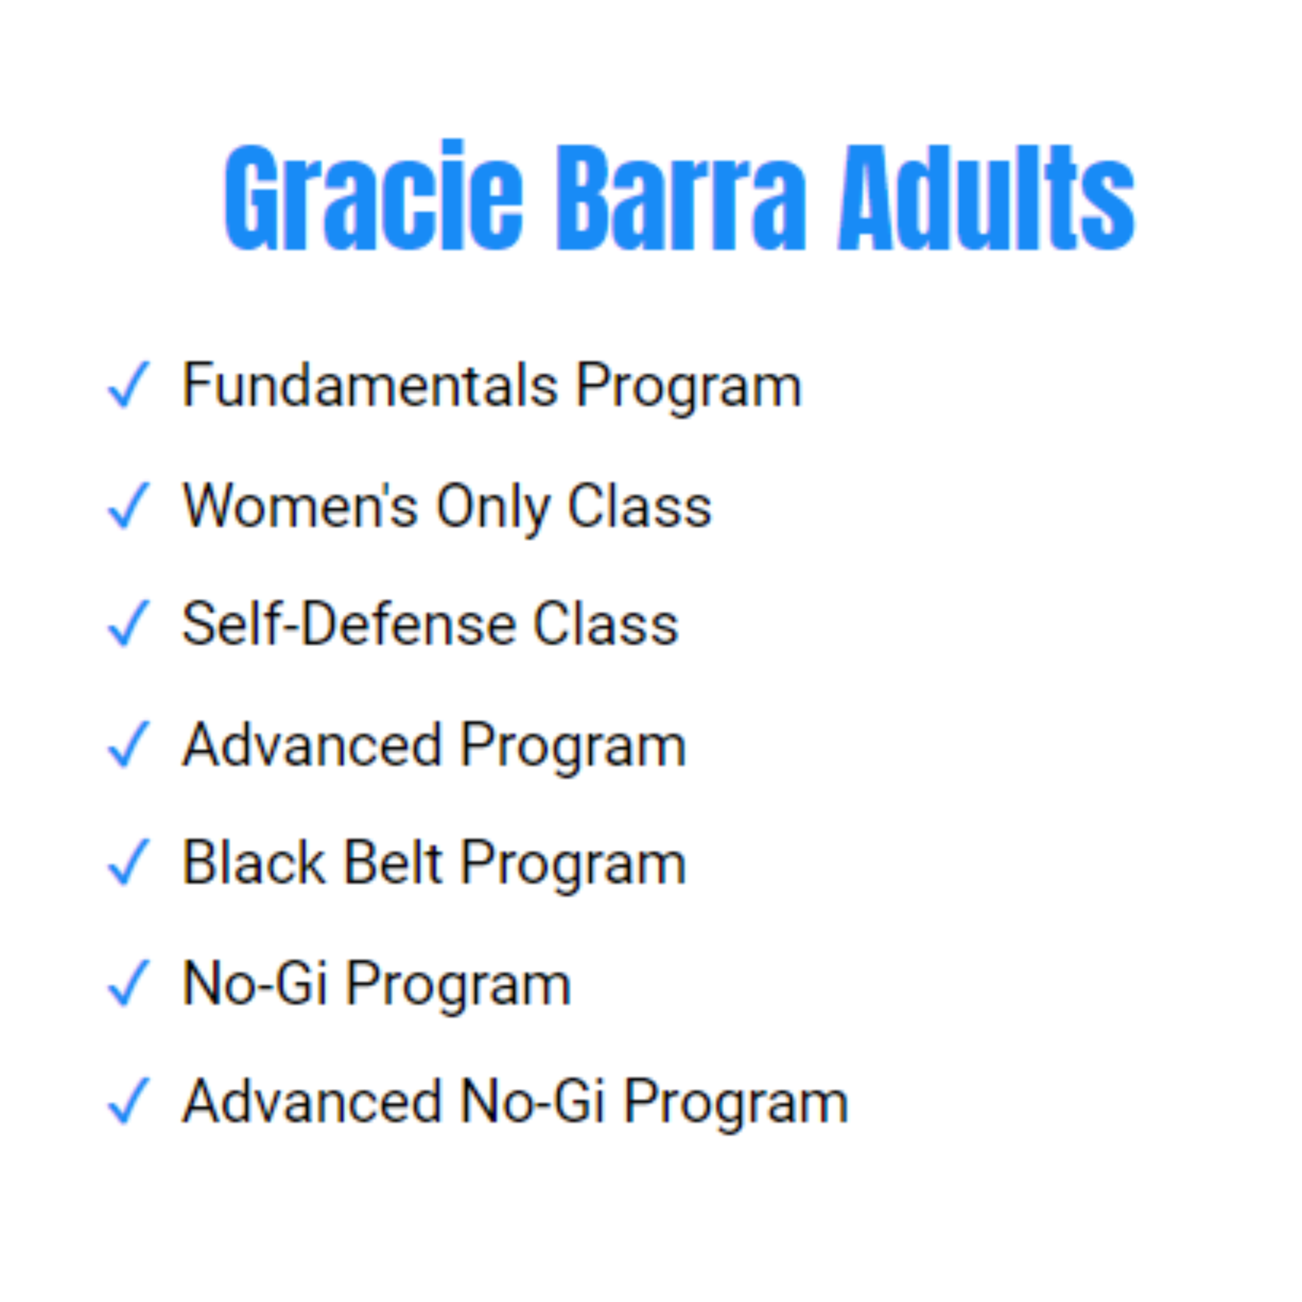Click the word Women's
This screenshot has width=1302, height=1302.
point(300,505)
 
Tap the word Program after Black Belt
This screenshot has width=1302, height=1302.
point(574,864)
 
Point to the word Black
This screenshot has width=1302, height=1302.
point(255,862)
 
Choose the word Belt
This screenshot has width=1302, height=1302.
point(394,862)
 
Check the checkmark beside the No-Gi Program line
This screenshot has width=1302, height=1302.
point(129,982)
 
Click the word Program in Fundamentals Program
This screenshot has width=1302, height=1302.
point(689,387)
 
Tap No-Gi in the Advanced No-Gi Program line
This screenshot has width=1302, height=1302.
point(533,1101)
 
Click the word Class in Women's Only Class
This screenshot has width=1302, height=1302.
point(640,505)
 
